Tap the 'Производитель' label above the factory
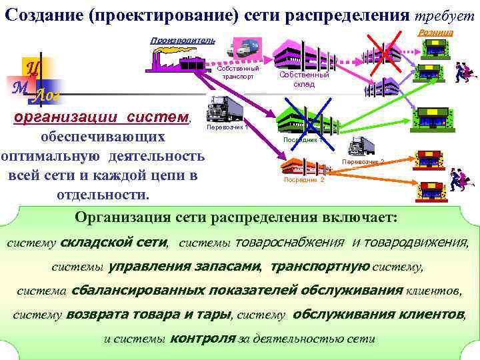(182, 41)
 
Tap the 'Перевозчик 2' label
(363, 162)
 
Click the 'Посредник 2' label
(303, 180)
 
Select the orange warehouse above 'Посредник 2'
(303, 165)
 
